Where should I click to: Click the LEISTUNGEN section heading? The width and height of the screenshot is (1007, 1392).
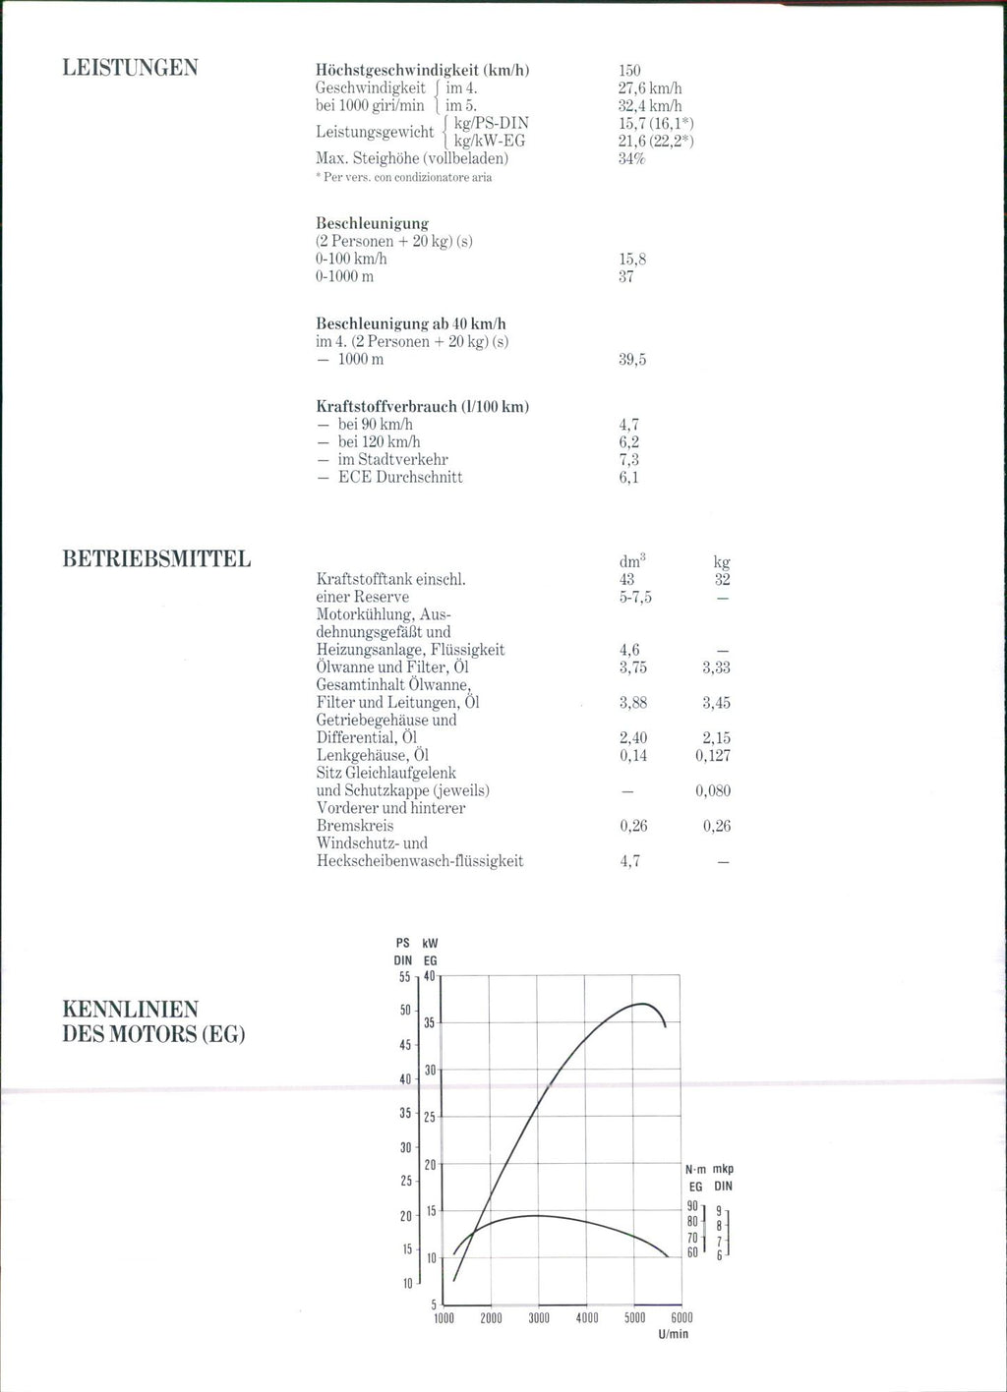point(130,68)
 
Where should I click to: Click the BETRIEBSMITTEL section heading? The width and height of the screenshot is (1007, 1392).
point(156,559)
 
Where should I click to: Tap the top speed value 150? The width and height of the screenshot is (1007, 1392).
point(629,70)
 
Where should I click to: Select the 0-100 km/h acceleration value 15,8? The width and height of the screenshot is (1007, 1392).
point(632,260)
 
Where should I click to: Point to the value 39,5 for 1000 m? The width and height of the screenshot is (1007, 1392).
point(632,360)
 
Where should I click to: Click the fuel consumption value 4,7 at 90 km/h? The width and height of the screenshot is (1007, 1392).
point(629,425)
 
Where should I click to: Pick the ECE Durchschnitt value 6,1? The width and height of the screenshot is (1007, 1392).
point(629,478)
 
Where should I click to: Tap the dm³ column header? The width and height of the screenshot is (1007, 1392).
point(631,561)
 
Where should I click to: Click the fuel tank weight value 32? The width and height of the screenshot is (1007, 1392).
point(722,580)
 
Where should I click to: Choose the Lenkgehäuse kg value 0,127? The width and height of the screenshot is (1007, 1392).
point(712,756)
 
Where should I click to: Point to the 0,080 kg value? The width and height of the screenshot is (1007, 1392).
point(712,791)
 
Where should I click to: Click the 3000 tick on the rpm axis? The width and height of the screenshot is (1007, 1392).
point(539,1318)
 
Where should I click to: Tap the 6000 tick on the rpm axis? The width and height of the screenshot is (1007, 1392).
point(681,1318)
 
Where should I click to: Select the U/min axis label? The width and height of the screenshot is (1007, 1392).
point(674,1334)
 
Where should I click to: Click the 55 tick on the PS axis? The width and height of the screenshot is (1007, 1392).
point(404,977)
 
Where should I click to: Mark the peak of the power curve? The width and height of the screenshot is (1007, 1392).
point(642,1004)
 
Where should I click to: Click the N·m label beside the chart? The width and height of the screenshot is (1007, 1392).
point(695,1170)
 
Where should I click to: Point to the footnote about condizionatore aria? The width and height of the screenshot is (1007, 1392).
point(403,178)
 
